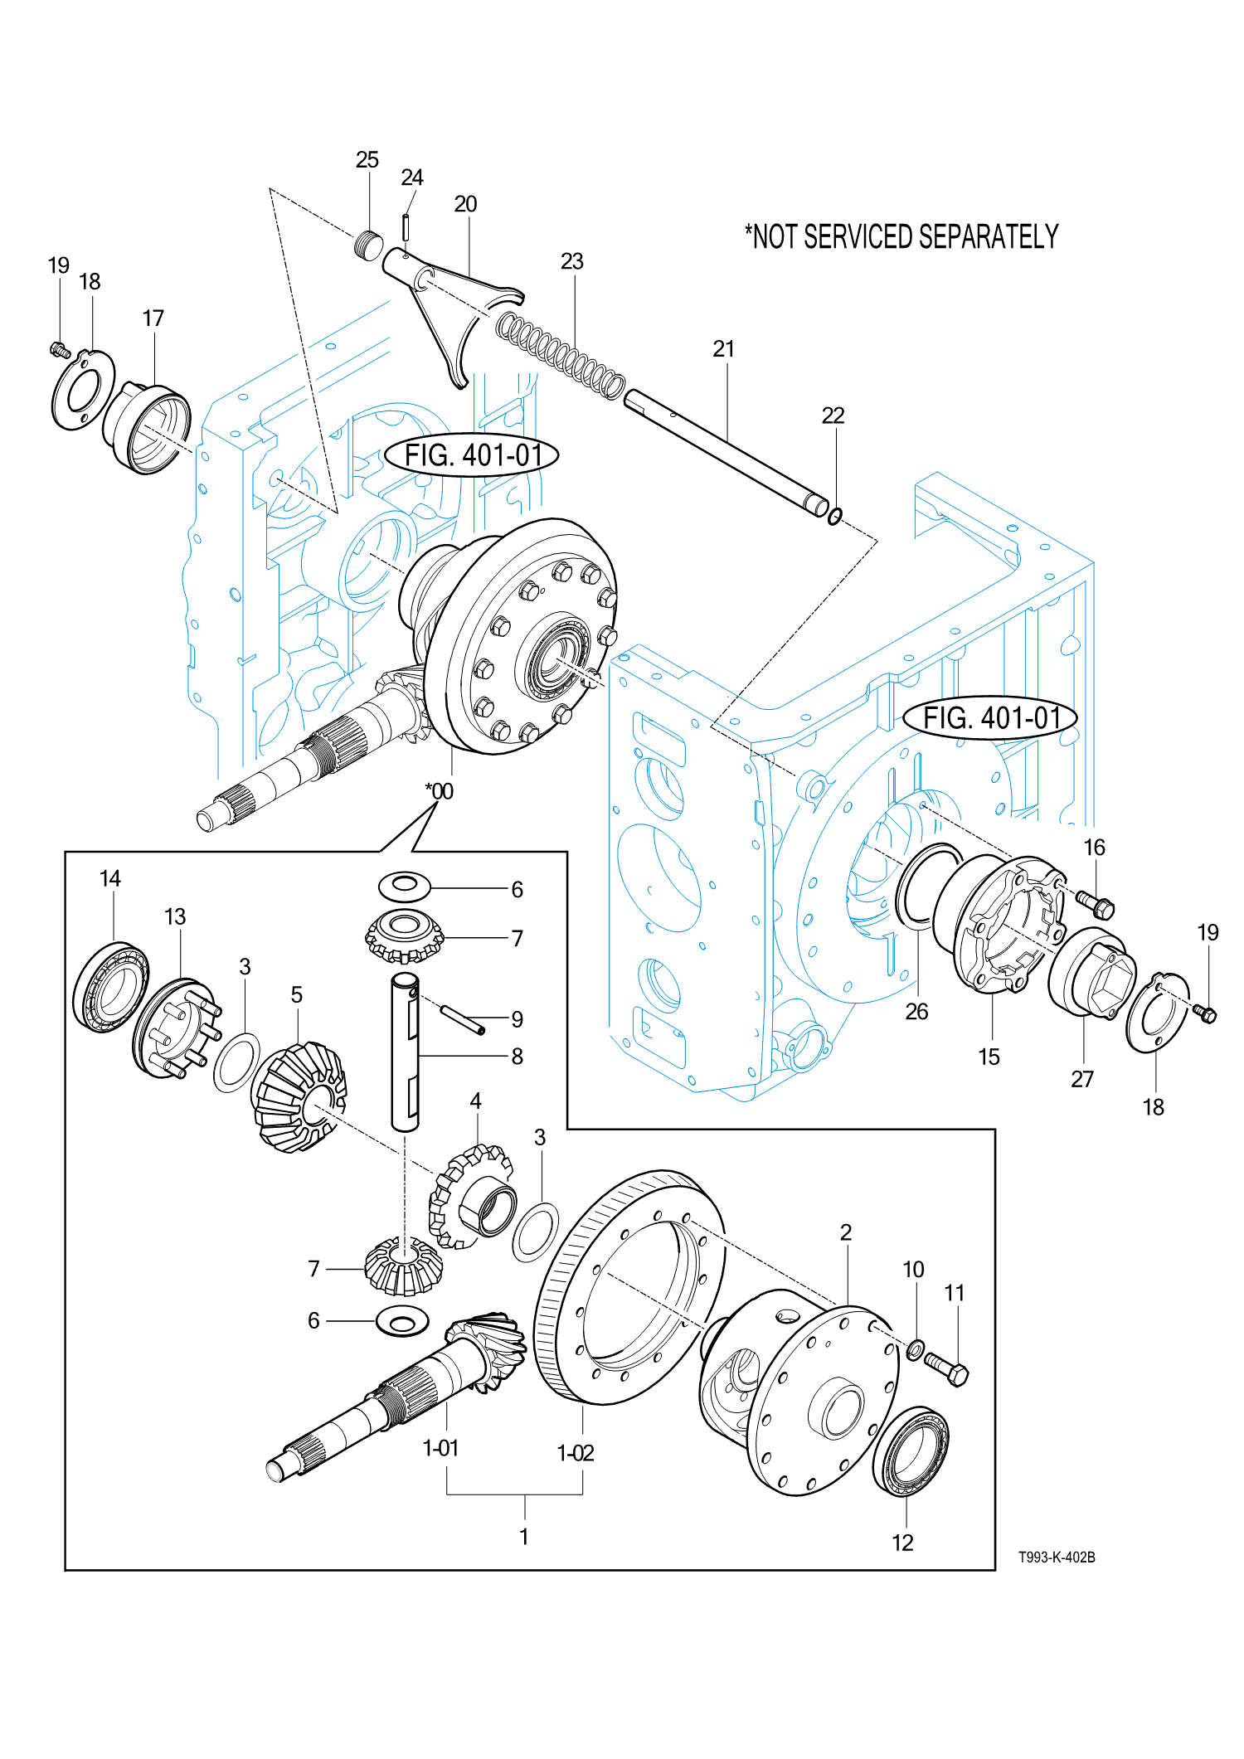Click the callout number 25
367,160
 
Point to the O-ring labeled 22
835,516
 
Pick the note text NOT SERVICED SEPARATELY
901,237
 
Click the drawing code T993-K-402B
1057,1557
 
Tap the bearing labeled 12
911,1451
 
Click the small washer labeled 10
915,1349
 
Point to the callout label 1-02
576,1453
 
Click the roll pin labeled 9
462,1019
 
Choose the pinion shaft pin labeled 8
406,1052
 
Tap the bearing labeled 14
111,987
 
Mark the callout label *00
440,791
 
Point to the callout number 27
1082,1079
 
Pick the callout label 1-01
441,1448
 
